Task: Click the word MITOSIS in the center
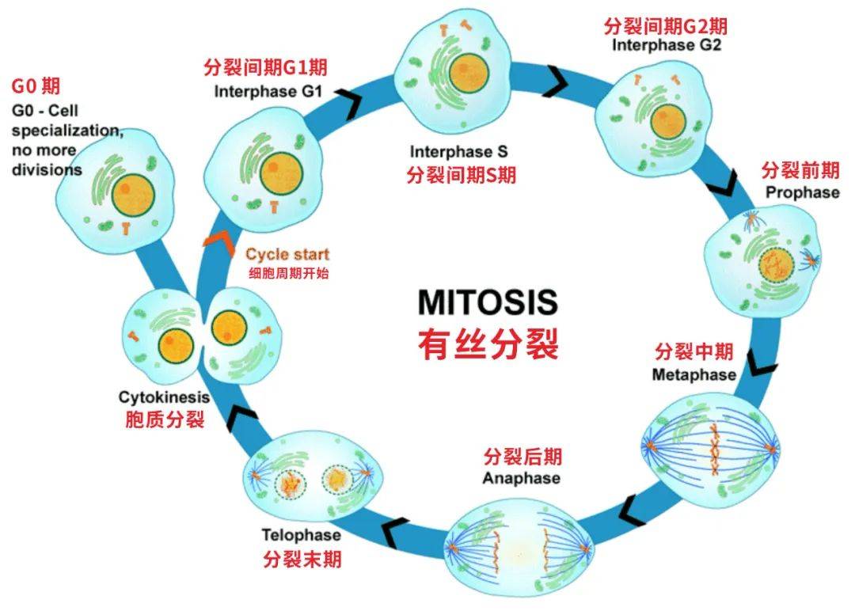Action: (487, 303)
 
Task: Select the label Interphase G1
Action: (268, 91)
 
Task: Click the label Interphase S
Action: (458, 151)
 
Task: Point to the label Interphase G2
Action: (667, 45)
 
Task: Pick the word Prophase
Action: (801, 192)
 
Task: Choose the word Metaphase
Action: (693, 374)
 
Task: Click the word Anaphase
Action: (521, 478)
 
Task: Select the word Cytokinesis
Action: (164, 397)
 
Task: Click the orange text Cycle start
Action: (287, 255)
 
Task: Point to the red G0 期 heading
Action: (36, 85)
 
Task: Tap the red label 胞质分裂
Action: (165, 419)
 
